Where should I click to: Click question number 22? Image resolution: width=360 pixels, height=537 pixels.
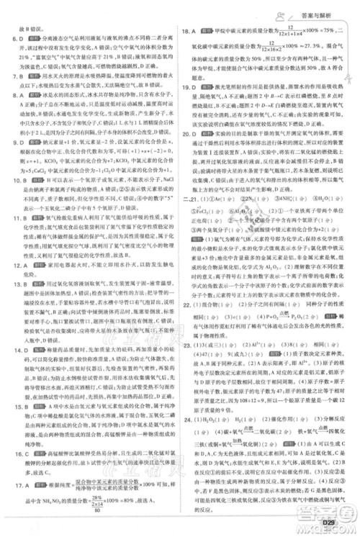[189, 305]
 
